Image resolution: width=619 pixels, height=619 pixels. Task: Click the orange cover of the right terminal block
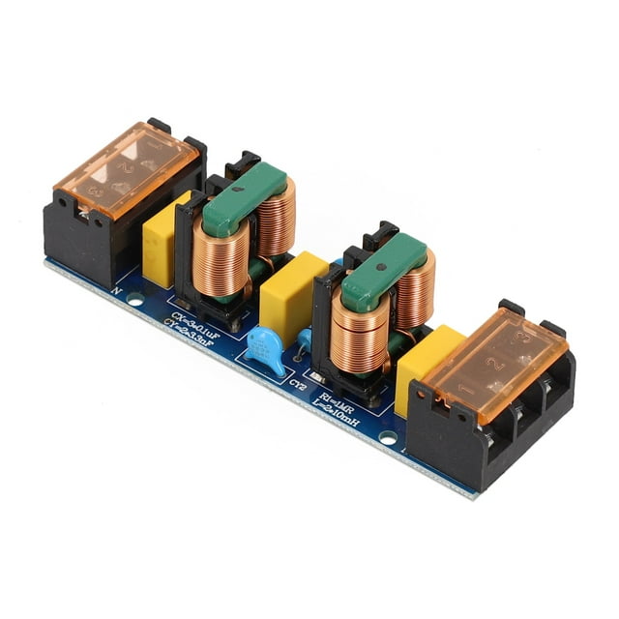click(x=492, y=362)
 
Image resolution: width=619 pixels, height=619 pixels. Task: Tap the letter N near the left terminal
click(x=117, y=287)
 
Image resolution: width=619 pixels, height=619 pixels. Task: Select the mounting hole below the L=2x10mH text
click(x=388, y=438)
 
